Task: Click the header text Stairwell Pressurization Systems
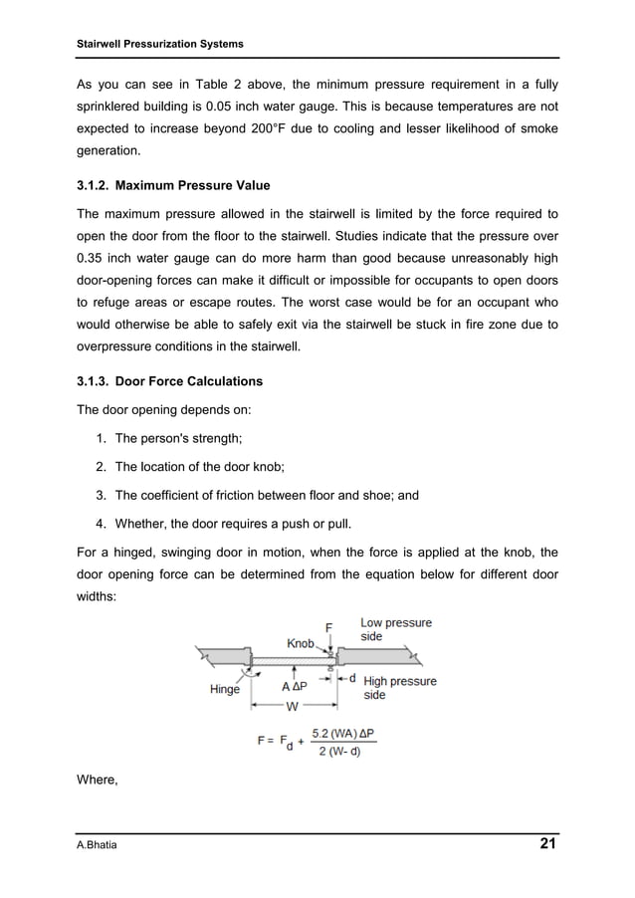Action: pos(160,45)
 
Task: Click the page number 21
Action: pos(547,845)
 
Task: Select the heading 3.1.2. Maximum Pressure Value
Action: pos(173,186)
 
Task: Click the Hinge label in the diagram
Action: pos(224,689)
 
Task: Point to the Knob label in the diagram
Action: pos(301,643)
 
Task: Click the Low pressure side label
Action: pos(395,629)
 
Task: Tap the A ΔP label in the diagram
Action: pos(294,687)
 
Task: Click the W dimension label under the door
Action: pos(292,707)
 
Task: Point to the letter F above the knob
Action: pos(329,628)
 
